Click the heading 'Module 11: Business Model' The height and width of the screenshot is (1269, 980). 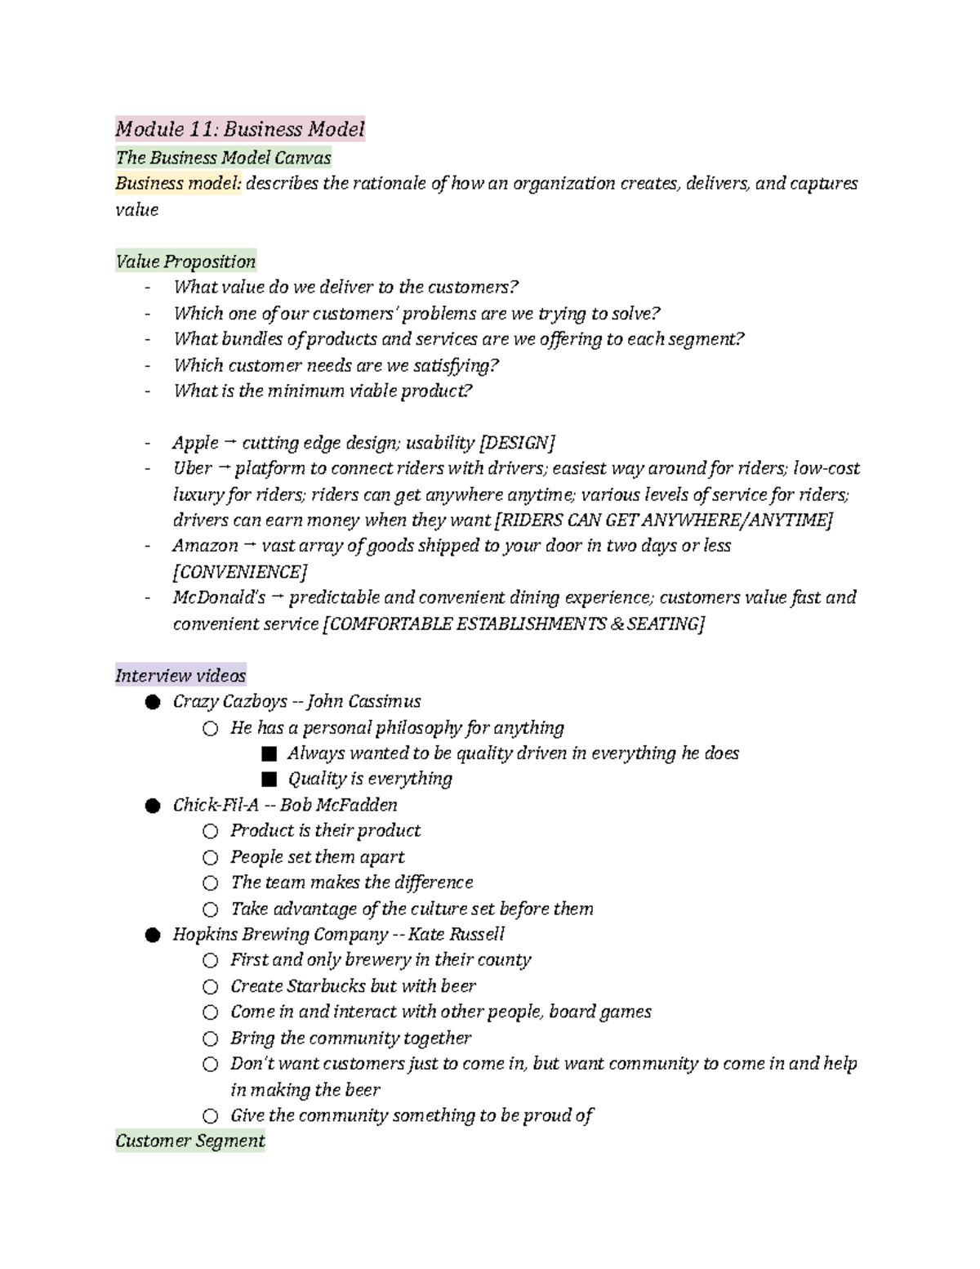(x=240, y=129)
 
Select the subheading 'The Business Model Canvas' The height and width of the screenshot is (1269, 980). (x=223, y=158)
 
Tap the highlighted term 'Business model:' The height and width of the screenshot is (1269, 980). (x=178, y=183)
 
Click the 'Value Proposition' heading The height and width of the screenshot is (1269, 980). (x=185, y=261)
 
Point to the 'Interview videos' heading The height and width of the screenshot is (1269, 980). (x=180, y=676)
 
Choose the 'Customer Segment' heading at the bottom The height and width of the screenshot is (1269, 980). (x=190, y=1141)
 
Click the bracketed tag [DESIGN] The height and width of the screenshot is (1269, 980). (x=517, y=443)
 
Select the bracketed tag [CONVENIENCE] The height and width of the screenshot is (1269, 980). (x=240, y=571)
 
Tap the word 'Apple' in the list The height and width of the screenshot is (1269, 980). (x=195, y=443)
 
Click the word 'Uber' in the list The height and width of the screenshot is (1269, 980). (x=193, y=468)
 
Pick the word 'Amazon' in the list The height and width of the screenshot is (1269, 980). (x=205, y=545)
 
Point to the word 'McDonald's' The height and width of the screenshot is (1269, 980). (x=219, y=597)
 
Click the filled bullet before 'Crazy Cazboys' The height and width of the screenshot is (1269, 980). (x=152, y=702)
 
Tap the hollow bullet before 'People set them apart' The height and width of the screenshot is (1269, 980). (x=211, y=857)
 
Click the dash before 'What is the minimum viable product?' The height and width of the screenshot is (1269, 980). (x=147, y=391)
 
